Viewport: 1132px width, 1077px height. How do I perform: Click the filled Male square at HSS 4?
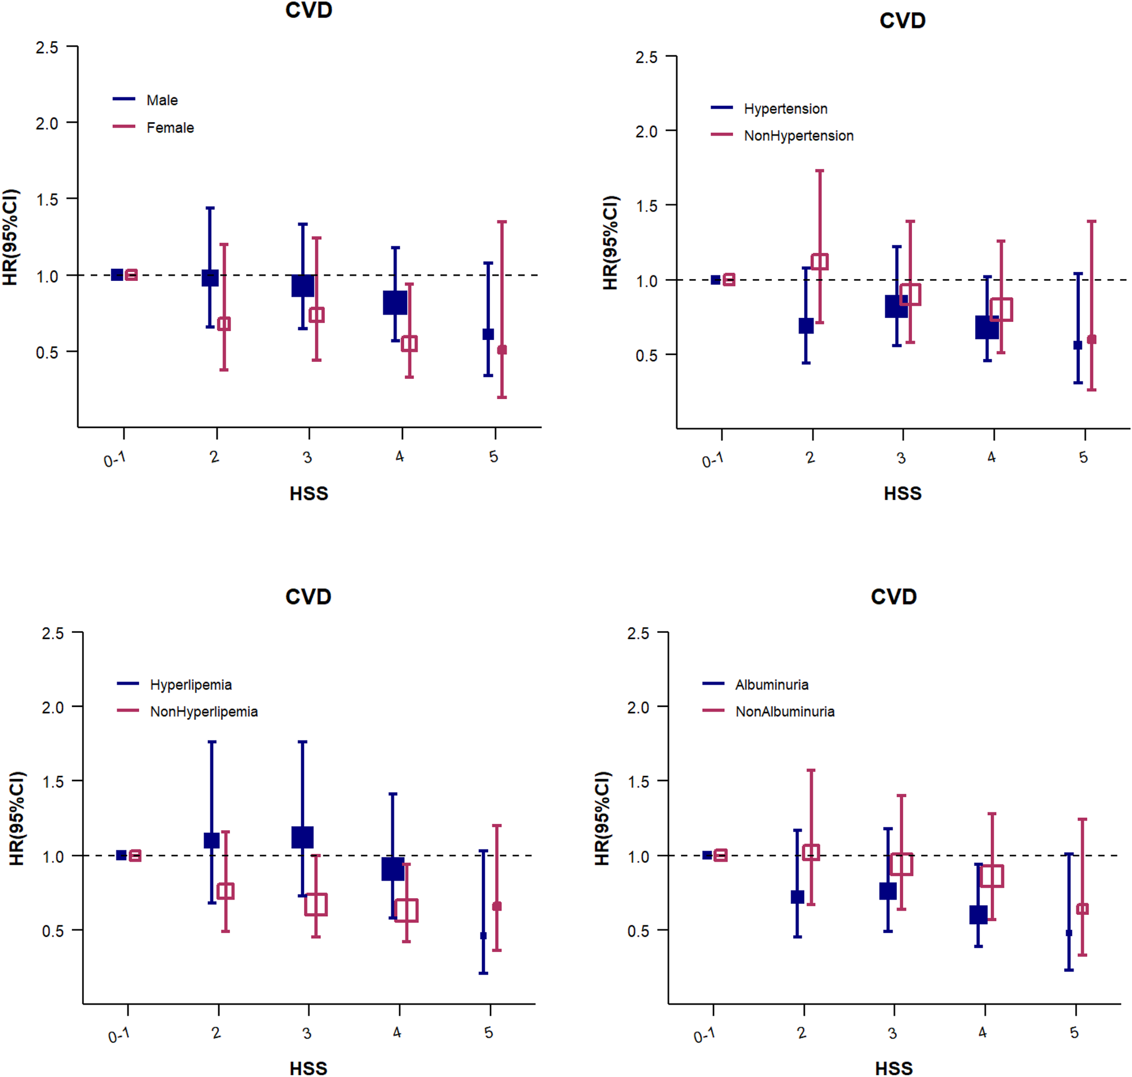coord(395,302)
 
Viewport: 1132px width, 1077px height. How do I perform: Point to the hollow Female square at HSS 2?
coord(224,324)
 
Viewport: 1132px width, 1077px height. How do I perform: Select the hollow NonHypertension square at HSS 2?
coord(819,261)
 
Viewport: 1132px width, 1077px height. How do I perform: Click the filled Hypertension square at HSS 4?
coord(987,327)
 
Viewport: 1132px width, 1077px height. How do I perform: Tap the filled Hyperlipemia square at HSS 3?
coord(302,837)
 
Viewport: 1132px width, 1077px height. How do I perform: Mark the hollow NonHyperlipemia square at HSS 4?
coord(406,910)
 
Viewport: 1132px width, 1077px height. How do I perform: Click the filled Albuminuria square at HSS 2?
coord(797,897)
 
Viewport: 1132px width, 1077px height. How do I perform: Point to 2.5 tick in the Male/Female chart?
coord(47,47)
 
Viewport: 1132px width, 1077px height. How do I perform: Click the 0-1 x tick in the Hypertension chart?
coord(712,460)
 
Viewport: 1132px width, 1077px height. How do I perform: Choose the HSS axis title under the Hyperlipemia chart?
coord(308,1068)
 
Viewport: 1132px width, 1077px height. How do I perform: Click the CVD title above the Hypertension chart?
coord(902,21)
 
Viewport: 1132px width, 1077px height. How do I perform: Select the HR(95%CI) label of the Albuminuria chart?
coord(602,818)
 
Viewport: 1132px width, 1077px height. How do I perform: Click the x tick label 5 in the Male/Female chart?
coord(493,457)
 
